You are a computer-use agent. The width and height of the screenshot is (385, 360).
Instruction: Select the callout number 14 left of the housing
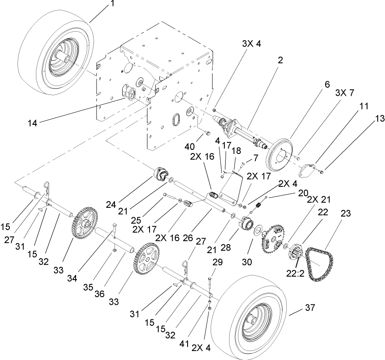[x=33, y=123]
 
